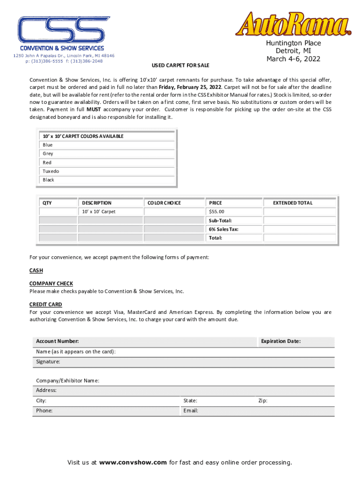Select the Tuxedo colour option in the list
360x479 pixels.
(x=51, y=171)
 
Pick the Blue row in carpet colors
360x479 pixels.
(x=48, y=145)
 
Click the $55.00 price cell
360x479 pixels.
(x=216, y=212)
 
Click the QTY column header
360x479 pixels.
(x=47, y=203)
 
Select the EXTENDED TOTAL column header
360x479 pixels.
(x=293, y=203)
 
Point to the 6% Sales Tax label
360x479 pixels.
(x=223, y=229)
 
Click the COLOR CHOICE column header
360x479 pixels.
(x=164, y=203)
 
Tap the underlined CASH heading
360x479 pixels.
(x=36, y=270)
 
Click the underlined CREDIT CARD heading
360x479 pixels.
(x=46, y=305)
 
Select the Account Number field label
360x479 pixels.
(x=58, y=341)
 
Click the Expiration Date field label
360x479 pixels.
(x=281, y=341)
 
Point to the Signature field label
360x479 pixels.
(x=48, y=362)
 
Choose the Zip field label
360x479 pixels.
(x=263, y=401)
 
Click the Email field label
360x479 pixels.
(x=191, y=411)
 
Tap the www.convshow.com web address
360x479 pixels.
(x=133, y=463)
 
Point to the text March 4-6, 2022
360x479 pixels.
(x=293, y=59)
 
